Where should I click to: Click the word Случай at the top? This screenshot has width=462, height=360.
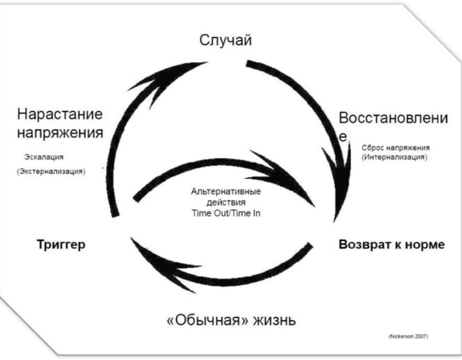pos(225,40)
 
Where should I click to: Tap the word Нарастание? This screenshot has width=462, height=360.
pos(60,114)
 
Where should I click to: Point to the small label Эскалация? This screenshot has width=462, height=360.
pos(44,157)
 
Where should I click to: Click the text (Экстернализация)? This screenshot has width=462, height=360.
pos(51,171)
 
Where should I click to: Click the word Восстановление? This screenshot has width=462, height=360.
pos(392,118)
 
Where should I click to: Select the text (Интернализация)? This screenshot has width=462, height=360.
pos(394,158)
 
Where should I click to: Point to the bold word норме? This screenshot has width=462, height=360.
pos(424,245)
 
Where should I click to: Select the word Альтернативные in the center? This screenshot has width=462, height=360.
pos(226,191)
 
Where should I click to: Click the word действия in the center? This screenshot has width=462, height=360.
pos(226,202)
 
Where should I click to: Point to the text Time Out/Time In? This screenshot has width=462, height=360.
pos(226,213)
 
